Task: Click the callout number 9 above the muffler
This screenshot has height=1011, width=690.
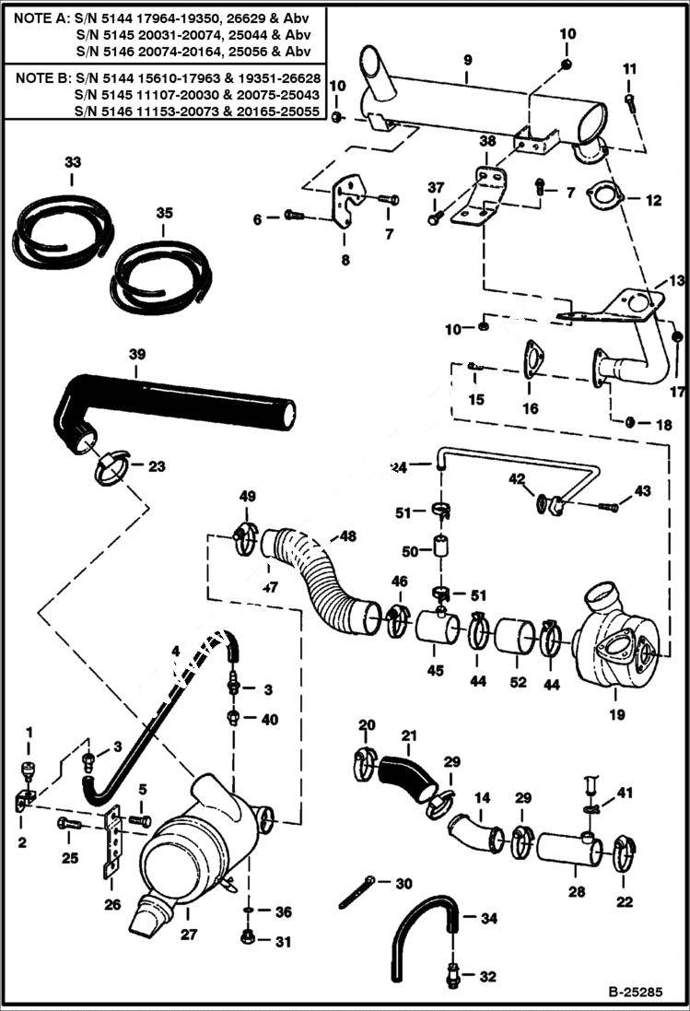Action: pyautogui.click(x=468, y=60)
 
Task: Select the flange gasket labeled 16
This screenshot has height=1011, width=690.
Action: pyautogui.click(x=532, y=360)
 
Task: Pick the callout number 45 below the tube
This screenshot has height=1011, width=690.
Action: pyautogui.click(x=436, y=671)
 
